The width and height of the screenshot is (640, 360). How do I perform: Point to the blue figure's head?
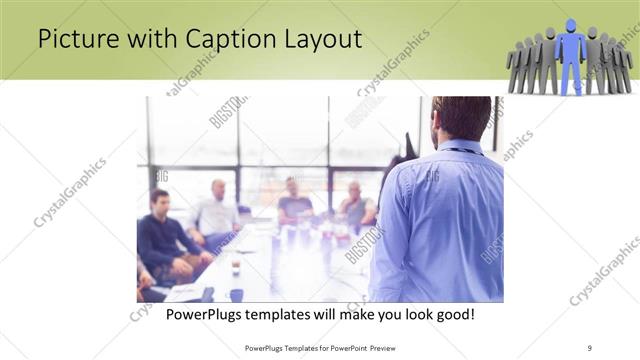[x=571, y=26]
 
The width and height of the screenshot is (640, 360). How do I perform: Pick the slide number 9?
[x=590, y=348]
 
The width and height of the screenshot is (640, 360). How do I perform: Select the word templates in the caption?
[x=293, y=315]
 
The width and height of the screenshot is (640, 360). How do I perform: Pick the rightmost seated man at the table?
[x=356, y=205]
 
